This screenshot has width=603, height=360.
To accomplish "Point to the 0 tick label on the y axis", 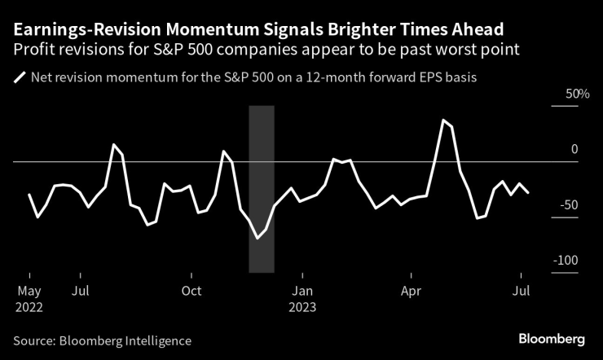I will tap(574, 150).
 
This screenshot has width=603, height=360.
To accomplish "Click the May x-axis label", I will tap(29, 291).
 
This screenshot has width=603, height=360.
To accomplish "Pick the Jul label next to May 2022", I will tap(80, 291).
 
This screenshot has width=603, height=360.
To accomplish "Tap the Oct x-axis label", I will tap(191, 291).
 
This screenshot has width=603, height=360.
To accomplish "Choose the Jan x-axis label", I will tap(302, 291).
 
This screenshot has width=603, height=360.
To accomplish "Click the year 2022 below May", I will tap(29, 308).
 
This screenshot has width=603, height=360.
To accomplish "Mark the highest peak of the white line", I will tap(443, 120).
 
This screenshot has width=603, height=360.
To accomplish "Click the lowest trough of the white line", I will tap(257, 238).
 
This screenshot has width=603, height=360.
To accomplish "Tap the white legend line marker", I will tap(19, 79).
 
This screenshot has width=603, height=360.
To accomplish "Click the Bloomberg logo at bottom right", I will tap(553, 339).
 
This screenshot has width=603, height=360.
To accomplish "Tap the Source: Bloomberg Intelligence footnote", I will tap(102, 340).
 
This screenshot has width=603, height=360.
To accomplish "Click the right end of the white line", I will tap(530, 192).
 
